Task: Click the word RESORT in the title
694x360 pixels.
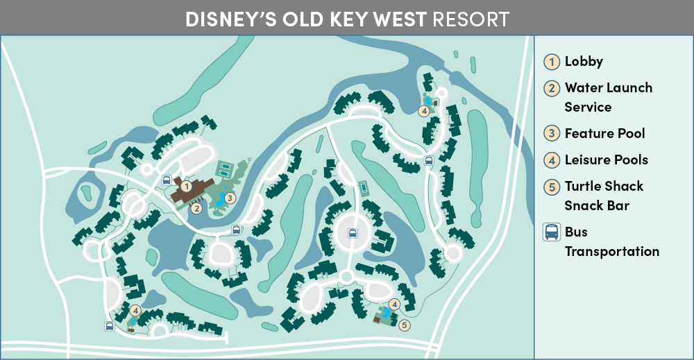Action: pos(471,19)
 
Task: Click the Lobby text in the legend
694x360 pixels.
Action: pos(584,61)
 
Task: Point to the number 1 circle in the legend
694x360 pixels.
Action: pos(551,61)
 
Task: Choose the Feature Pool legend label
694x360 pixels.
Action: pos(604,133)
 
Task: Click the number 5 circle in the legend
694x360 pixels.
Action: pos(551,186)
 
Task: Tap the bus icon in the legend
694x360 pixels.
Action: pos(551,232)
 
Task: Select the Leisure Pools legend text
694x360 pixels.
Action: pos(606,160)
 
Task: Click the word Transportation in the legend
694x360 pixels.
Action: pos(611,251)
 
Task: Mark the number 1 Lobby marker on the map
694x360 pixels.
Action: pos(186,186)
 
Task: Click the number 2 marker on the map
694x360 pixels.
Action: pos(196,207)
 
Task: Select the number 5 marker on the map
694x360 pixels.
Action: pos(405,324)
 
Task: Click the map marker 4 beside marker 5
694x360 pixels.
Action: pos(394,304)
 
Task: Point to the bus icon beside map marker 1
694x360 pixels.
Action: pos(167,180)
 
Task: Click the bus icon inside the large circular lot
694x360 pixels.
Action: pos(353,233)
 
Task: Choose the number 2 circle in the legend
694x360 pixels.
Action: pos(551,88)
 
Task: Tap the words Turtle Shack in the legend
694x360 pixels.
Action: pos(604,186)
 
